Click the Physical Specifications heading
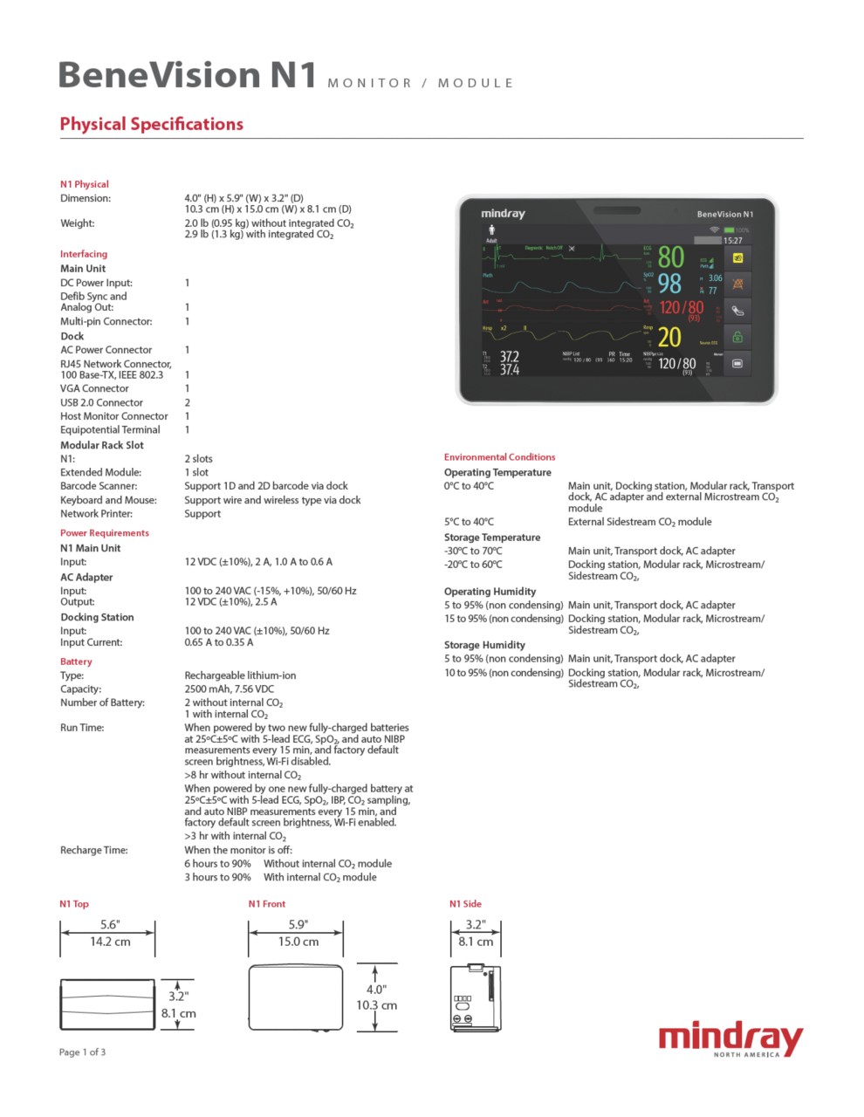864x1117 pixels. click(x=151, y=124)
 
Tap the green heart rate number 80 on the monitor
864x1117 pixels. click(x=670, y=257)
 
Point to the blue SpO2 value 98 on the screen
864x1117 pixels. click(x=669, y=284)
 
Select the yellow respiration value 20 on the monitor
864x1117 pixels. click(x=669, y=337)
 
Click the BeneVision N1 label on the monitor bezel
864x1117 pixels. click(x=724, y=214)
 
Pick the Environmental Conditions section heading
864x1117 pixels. click(x=499, y=456)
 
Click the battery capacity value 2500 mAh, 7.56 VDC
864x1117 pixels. click(x=229, y=689)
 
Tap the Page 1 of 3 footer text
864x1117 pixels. click(x=82, y=1052)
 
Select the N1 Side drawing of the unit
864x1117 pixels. click(x=474, y=997)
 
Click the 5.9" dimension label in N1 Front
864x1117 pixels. click(x=298, y=925)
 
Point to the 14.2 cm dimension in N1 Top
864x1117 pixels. click(x=110, y=942)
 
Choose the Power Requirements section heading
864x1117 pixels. click(x=104, y=532)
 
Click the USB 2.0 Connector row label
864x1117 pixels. click(x=101, y=402)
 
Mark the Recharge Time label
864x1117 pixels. click(x=93, y=850)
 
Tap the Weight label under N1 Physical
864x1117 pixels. click(x=77, y=223)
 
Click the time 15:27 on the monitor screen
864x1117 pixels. click(x=733, y=240)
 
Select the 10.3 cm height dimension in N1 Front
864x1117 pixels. click(x=376, y=1005)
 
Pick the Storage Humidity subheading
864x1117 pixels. click(x=484, y=645)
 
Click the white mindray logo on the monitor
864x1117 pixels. click(x=503, y=214)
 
